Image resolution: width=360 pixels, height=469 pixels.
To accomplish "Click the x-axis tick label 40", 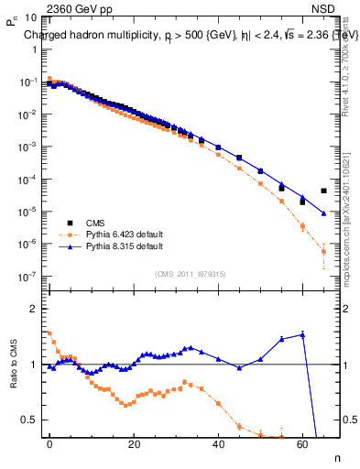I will (218, 444).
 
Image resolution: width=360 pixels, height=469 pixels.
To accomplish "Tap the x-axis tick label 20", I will (134, 444).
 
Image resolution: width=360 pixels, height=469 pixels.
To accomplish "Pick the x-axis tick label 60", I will (302, 444).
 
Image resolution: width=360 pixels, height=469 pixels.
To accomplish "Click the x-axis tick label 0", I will (49, 444).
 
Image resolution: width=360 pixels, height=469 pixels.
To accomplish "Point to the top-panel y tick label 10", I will (29, 17).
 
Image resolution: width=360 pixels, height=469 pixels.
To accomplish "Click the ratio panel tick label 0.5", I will (29, 420).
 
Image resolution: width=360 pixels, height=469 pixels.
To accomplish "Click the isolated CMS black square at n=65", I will (323, 191).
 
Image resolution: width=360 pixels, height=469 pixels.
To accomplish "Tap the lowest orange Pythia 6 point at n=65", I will (323, 251).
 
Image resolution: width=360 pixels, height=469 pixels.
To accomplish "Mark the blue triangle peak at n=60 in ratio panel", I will (302, 334).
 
